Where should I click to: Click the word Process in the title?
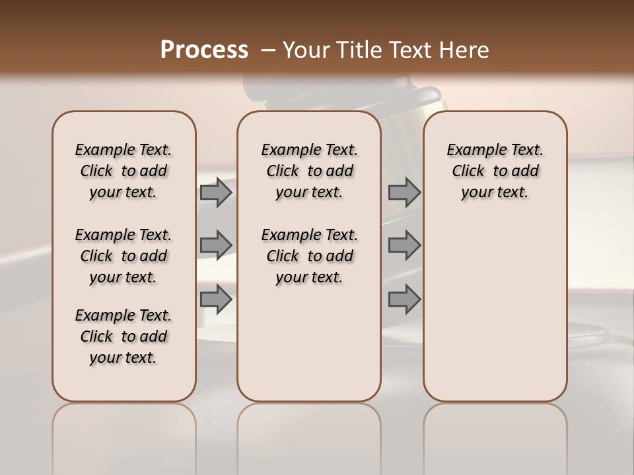point(204,50)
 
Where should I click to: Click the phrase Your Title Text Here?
point(386,50)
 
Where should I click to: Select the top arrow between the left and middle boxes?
point(216,193)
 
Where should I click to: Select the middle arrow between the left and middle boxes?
point(216,245)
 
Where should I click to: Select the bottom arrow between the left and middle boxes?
point(216,299)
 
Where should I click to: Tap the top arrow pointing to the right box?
point(404,193)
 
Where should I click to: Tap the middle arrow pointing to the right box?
point(404,245)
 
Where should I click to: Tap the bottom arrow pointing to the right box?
point(404,299)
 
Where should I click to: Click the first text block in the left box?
point(123,171)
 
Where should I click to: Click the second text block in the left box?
point(123,256)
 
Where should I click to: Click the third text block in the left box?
point(123,336)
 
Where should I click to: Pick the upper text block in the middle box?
point(309,171)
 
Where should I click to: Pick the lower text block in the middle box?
point(309,256)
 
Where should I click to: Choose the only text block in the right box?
point(495,171)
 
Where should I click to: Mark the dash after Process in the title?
point(268,50)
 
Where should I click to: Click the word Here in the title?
point(466,50)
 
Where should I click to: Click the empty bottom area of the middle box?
point(309,350)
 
